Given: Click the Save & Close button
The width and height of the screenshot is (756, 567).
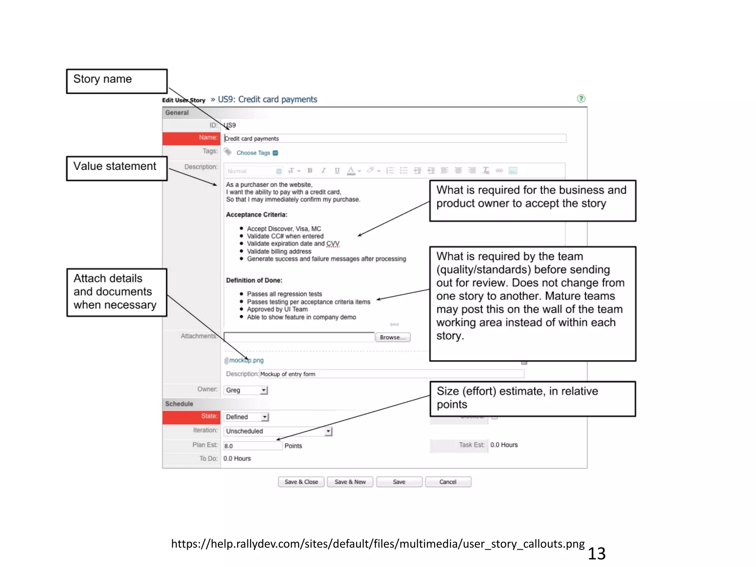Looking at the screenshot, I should (301, 482).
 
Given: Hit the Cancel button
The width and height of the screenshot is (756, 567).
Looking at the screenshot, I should (448, 482).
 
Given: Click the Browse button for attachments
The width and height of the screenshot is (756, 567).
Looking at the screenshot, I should (392, 337).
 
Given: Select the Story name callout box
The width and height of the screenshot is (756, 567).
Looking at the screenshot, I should (117, 81).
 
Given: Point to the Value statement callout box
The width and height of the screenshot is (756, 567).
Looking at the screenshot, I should (117, 168).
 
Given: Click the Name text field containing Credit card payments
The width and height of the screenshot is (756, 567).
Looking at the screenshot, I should (395, 138).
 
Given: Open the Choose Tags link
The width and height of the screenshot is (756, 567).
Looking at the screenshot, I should (253, 153).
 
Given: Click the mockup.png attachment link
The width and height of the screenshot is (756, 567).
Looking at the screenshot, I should (246, 360).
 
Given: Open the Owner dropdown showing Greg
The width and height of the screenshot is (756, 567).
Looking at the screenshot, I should (245, 390).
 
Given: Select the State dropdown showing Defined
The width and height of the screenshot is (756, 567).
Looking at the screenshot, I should (246, 417).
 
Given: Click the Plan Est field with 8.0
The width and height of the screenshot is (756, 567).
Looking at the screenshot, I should (253, 446).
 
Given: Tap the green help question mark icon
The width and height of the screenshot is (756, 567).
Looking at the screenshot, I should (581, 99).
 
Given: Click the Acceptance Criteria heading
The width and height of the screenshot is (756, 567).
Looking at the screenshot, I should (257, 214).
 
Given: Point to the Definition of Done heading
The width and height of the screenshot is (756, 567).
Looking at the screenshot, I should (254, 280).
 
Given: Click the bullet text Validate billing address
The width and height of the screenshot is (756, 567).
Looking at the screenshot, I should (279, 251).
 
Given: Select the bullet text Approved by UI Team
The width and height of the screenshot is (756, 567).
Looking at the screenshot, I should (277, 309).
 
